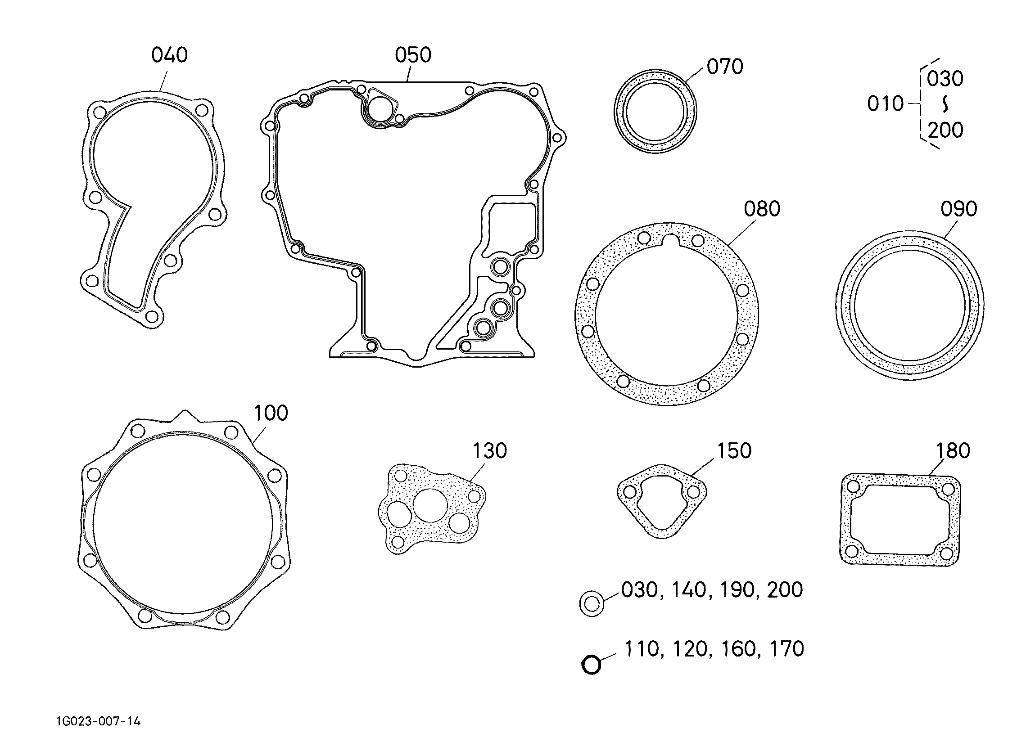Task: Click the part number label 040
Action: pos(169,55)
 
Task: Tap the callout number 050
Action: pos(413,55)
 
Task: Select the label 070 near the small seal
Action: pos(725,67)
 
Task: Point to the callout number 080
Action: pos(762,209)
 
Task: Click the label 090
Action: pos(959,209)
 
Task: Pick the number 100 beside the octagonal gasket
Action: pos(271,413)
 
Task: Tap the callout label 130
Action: pos(490,451)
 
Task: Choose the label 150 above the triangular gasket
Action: pos(734,451)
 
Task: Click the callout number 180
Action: pos(953,451)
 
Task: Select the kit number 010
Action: pos(886,104)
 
